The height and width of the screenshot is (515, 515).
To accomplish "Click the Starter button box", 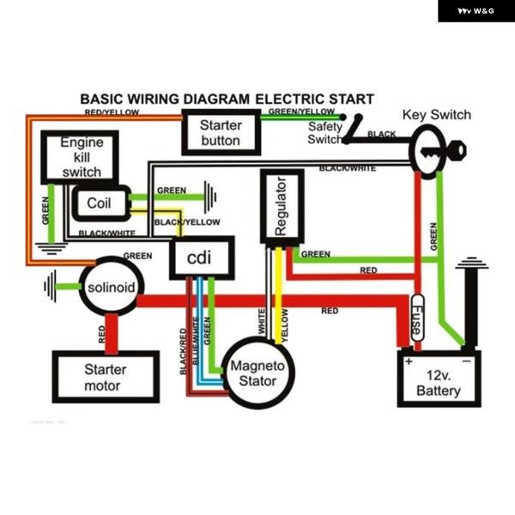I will pyautogui.click(x=221, y=132).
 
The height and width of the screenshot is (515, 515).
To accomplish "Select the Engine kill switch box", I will pyautogui.click(x=81, y=157).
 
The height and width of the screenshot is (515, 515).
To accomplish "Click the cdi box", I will pyautogui.click(x=198, y=257).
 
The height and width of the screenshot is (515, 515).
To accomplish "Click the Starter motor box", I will pyautogui.click(x=105, y=378).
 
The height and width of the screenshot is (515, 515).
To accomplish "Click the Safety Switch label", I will pyautogui.click(x=325, y=133).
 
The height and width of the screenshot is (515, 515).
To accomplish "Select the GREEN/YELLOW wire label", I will pyautogui.click(x=301, y=112).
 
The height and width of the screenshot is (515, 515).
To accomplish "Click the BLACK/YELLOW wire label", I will pyautogui.click(x=187, y=222).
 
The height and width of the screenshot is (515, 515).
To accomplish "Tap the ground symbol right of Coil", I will pyautogui.click(x=209, y=197).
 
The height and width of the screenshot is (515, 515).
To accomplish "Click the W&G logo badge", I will pyautogui.click(x=476, y=11).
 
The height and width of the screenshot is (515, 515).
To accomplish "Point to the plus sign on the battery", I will pyautogui.click(x=409, y=361).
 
